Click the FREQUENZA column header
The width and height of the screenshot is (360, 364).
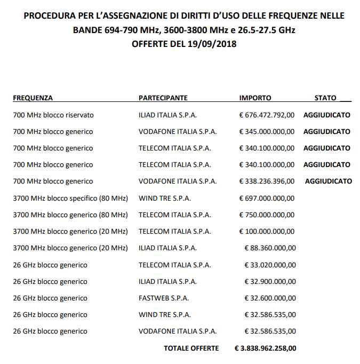click(x=33, y=98)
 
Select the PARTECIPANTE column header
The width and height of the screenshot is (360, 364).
click(x=163, y=98)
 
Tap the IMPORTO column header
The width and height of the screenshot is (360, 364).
click(x=255, y=98)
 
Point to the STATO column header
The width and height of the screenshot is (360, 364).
click(x=325, y=98)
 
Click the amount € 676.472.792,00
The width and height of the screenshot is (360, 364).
click(x=267, y=115)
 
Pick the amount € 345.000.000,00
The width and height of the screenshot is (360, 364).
click(x=267, y=131)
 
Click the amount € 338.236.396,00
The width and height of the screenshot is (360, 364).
click(x=267, y=181)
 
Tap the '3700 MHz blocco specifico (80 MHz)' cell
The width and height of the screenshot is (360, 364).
click(x=70, y=198)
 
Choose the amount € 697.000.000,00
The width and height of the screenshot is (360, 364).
click(x=267, y=198)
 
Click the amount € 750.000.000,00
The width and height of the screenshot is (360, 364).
click(x=267, y=215)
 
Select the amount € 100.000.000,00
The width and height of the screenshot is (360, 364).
click(x=267, y=232)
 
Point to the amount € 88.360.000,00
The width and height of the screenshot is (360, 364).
click(x=269, y=248)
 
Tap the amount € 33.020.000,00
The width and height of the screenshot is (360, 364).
click(x=269, y=265)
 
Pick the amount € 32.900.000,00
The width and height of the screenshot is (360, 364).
click(x=269, y=281)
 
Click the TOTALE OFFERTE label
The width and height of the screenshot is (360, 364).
click(x=191, y=348)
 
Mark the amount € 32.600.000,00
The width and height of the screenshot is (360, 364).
click(x=269, y=298)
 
